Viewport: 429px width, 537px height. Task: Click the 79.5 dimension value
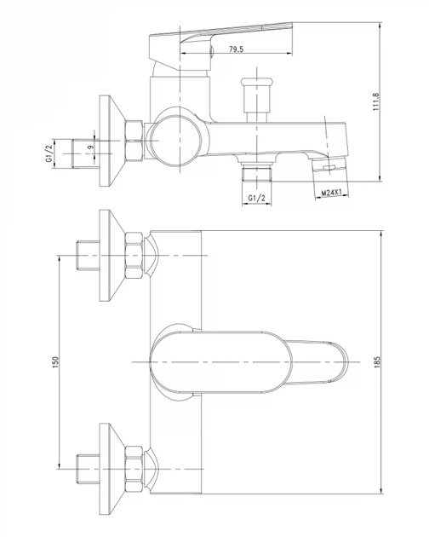(x=236, y=49)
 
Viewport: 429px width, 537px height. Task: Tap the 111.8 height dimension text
(x=376, y=101)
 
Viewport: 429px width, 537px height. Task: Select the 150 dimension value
(x=55, y=362)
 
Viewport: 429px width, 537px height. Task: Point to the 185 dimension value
(x=377, y=362)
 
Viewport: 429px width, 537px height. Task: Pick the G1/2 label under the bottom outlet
(x=256, y=198)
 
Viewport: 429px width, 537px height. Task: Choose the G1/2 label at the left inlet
(x=49, y=153)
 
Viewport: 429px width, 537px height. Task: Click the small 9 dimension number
(x=90, y=147)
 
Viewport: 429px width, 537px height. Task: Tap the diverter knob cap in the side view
(x=257, y=82)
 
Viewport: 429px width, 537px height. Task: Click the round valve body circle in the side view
(x=174, y=141)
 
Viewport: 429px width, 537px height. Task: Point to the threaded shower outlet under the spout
(x=256, y=171)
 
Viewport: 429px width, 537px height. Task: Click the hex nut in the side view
(x=134, y=141)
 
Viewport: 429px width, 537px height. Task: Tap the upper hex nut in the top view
(x=134, y=255)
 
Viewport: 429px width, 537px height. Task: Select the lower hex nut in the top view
(x=134, y=469)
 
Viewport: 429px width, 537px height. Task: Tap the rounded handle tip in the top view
(x=339, y=361)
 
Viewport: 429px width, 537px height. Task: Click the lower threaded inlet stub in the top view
(x=87, y=469)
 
